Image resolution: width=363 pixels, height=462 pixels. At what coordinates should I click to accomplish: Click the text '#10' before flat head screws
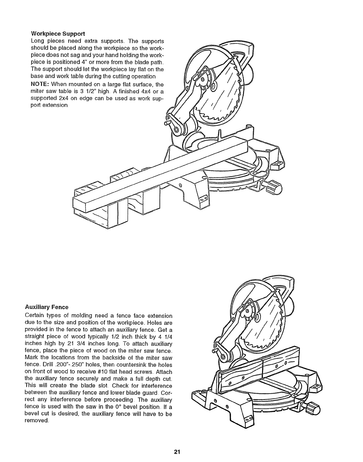(113, 372)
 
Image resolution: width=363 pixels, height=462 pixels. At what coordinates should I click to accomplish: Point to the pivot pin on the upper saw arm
(167, 123)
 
